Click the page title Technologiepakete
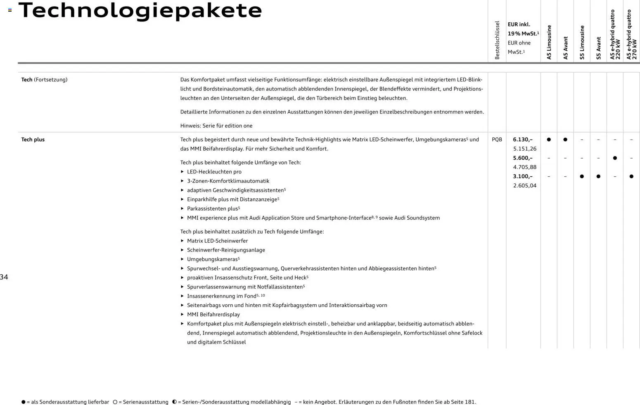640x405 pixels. click(140, 11)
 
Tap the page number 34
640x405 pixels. click(4, 277)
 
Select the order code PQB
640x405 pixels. click(497, 140)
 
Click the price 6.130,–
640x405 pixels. click(523, 140)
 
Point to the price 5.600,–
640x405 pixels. click(523, 158)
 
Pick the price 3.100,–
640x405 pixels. click(523, 176)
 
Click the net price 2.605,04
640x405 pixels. click(524, 186)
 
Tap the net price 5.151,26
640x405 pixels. click(524, 149)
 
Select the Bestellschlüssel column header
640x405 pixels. click(497, 40)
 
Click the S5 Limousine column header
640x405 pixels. click(582, 42)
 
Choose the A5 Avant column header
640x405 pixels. click(566, 48)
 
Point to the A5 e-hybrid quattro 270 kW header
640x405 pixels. click(632, 35)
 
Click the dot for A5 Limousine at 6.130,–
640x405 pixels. click(549, 140)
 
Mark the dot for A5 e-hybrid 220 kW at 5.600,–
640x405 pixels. click(615, 158)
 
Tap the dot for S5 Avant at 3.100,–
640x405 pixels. click(598, 176)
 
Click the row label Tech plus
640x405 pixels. click(33, 140)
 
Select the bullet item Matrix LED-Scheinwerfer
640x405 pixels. click(217, 241)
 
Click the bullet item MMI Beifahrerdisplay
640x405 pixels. click(213, 315)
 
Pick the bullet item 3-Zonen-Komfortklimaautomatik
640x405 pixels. click(228, 181)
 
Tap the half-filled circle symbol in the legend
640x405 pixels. click(174, 402)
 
